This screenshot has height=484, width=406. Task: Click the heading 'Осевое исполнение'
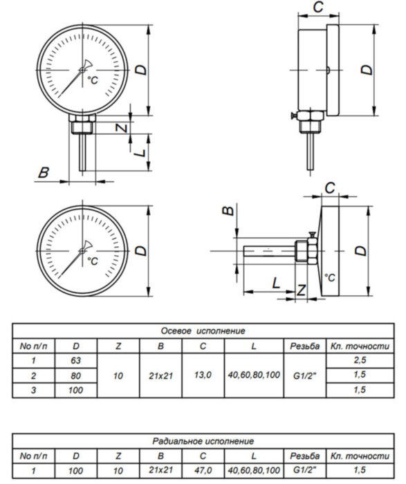[x=203, y=331]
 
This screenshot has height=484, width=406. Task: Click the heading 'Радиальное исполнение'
[x=203, y=440]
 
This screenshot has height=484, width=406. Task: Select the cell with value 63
[x=76, y=360]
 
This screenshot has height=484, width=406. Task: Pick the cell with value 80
[x=76, y=375]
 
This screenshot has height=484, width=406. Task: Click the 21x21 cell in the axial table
[x=160, y=375]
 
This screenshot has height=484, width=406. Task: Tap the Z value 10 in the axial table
[x=118, y=375]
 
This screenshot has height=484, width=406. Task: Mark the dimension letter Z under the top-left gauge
[x=121, y=129]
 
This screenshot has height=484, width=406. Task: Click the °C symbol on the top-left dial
[x=92, y=82]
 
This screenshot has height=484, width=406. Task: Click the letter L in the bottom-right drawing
[x=275, y=283]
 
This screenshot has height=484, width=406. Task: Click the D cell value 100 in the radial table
[x=76, y=470]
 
